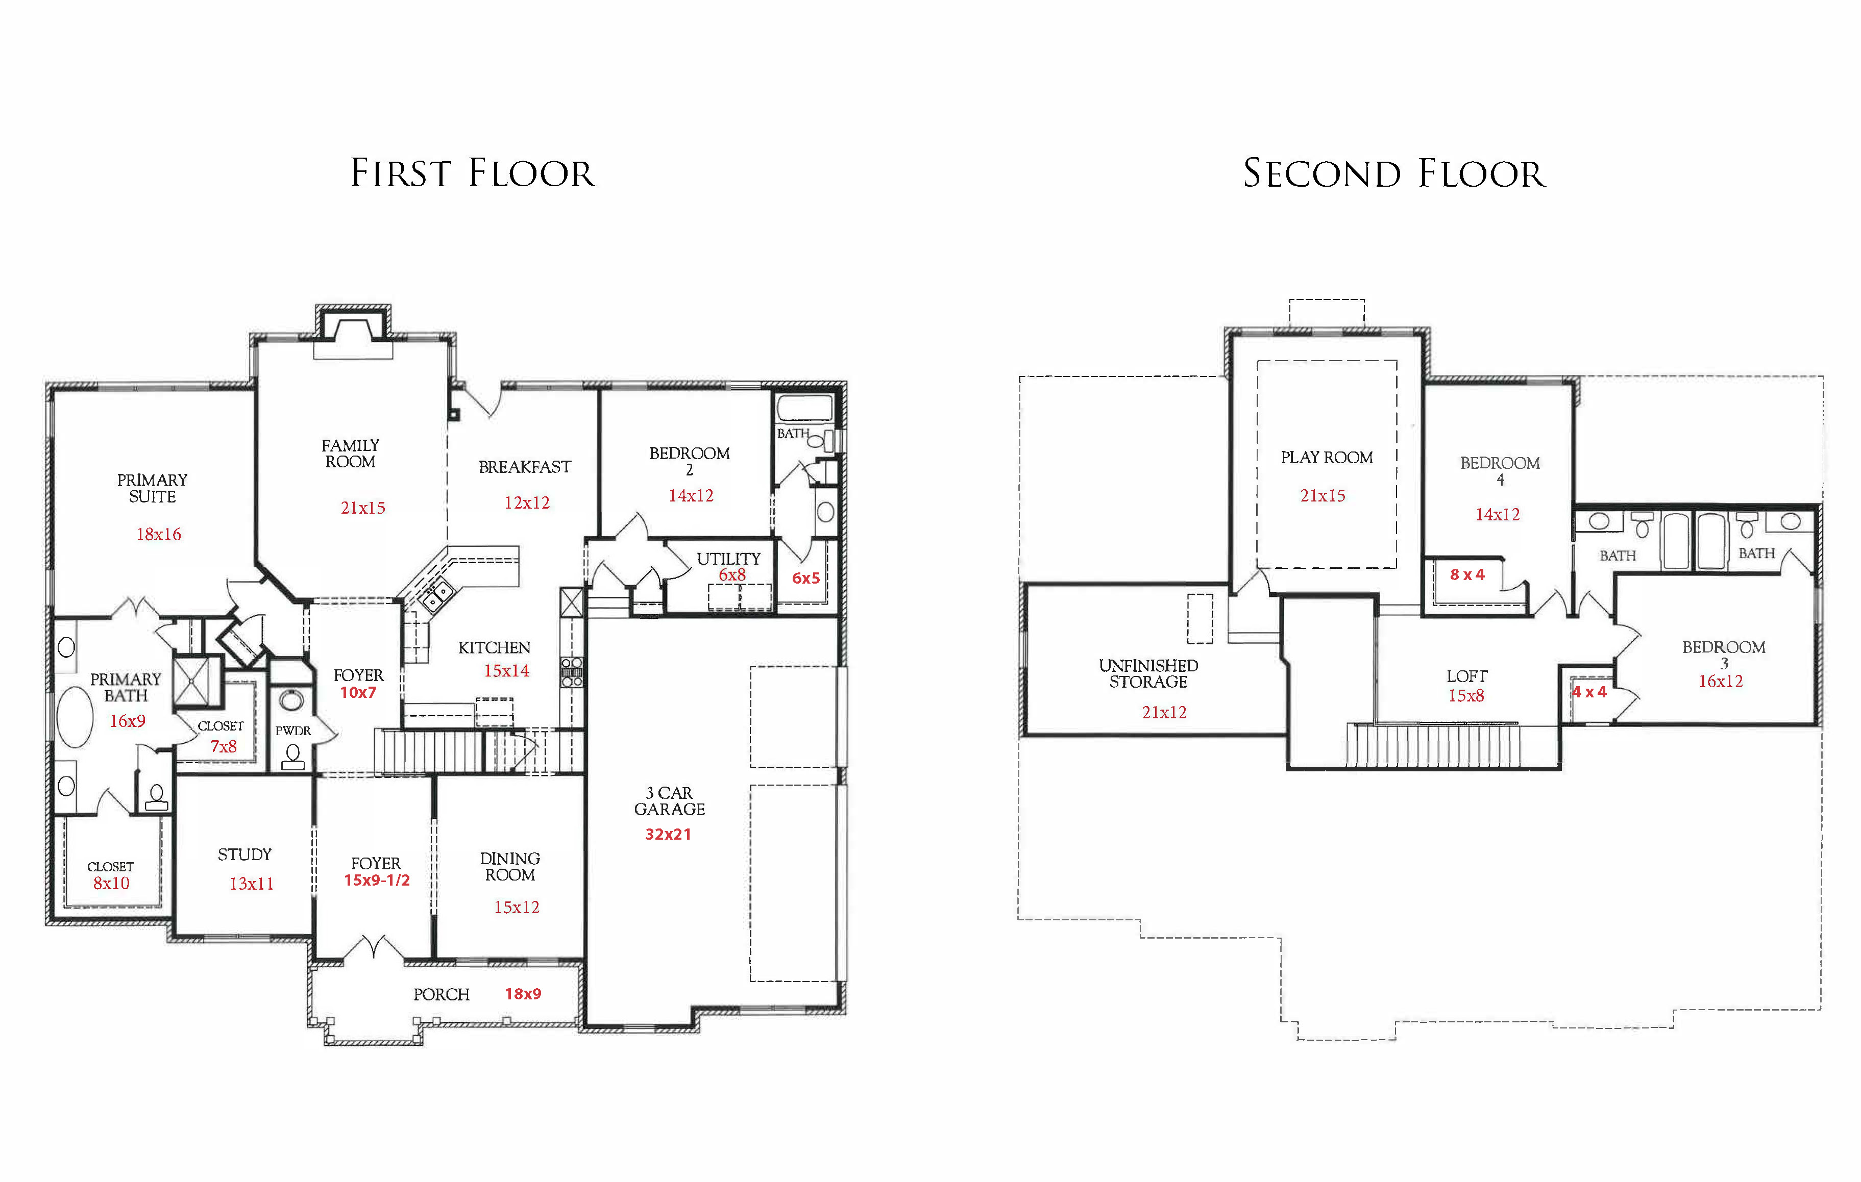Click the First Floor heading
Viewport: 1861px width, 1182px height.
473,173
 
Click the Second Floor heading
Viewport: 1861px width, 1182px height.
1393,173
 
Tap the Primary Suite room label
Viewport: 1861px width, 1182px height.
152,488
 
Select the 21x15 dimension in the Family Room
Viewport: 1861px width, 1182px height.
362,508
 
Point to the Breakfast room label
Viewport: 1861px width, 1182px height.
525,467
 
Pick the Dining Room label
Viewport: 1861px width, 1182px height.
510,866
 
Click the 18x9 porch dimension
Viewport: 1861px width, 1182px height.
523,993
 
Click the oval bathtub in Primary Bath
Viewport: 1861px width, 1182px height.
75,717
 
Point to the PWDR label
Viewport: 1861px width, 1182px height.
293,730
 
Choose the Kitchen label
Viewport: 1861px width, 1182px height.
495,647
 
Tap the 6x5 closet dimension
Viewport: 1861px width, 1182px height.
805,578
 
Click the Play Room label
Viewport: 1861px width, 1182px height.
1327,458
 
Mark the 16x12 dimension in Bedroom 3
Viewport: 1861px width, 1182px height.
1720,681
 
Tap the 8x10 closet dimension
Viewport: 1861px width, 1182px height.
111,883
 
